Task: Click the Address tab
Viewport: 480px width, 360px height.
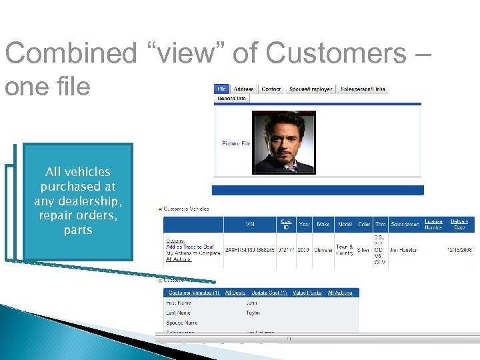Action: click(x=243, y=89)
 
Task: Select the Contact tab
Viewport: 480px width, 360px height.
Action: click(x=271, y=89)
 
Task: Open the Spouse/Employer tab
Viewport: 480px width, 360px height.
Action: click(x=310, y=89)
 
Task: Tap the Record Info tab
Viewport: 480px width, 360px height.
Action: click(x=231, y=98)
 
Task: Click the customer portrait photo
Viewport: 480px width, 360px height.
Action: click(x=285, y=142)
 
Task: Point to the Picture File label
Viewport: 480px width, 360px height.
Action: click(x=236, y=143)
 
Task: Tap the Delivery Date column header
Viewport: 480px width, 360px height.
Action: click(x=459, y=224)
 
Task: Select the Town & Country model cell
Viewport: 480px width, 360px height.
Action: click(x=345, y=249)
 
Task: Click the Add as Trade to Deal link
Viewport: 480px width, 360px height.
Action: click(x=189, y=247)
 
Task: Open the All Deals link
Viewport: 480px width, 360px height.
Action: click(x=235, y=292)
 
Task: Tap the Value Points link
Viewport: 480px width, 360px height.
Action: click(x=307, y=292)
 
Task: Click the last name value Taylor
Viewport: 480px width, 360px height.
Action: click(x=253, y=312)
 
